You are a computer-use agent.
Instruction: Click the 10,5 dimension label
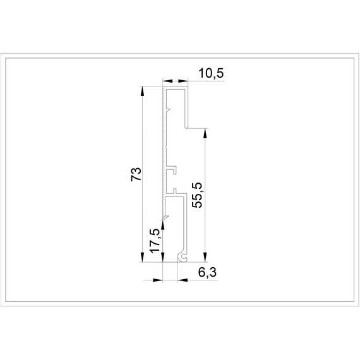pos(211,73)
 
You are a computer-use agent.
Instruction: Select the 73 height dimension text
pos(136,174)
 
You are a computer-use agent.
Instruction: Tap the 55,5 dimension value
pos(197,195)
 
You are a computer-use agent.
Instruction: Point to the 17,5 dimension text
pos(155,241)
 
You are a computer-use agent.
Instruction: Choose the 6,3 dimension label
pos(207,273)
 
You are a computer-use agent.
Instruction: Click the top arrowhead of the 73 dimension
pos(142,91)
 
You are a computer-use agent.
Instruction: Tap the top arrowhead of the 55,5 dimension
pos(205,133)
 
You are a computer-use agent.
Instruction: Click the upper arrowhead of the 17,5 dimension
pos(163,225)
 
